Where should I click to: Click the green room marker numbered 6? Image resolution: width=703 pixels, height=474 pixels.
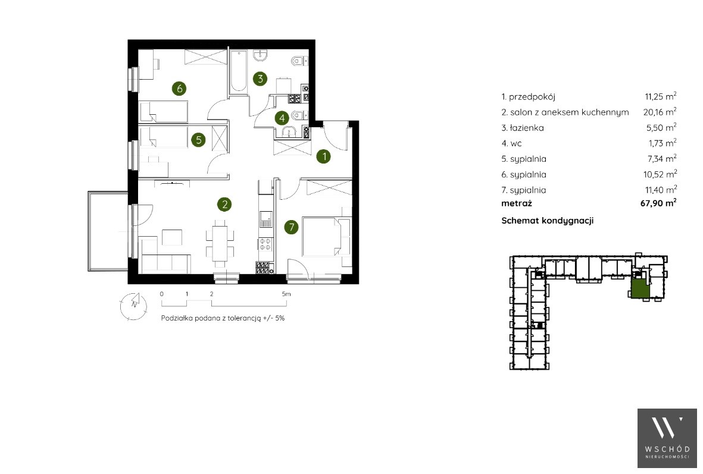(x=179, y=88)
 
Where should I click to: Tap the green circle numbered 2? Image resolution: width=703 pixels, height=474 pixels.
(x=224, y=205)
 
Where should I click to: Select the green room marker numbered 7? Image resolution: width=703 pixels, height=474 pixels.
(x=292, y=227)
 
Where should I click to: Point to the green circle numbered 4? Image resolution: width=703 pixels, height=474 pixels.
(x=282, y=118)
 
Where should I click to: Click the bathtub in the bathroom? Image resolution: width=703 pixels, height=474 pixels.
(x=238, y=72)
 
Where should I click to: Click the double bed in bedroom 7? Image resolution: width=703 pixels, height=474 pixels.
(x=326, y=237)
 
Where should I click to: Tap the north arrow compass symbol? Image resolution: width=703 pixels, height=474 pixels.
(x=133, y=306)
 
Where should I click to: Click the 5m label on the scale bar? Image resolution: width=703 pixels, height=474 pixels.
(x=286, y=294)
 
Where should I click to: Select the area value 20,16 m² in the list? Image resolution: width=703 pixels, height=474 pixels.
(x=660, y=111)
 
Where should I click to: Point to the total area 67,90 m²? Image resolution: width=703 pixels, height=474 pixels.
(x=658, y=203)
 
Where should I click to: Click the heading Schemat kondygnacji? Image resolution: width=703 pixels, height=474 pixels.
(x=548, y=221)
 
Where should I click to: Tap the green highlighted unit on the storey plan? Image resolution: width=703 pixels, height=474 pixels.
(x=640, y=289)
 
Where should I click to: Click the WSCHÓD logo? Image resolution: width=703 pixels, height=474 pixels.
(x=667, y=438)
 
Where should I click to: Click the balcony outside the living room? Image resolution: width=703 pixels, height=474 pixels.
(x=108, y=231)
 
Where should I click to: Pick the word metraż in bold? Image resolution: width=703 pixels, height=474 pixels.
(x=517, y=203)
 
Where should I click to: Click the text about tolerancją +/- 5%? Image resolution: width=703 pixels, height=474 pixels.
(x=223, y=318)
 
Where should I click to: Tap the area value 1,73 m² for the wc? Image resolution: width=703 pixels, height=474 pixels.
(x=662, y=143)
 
